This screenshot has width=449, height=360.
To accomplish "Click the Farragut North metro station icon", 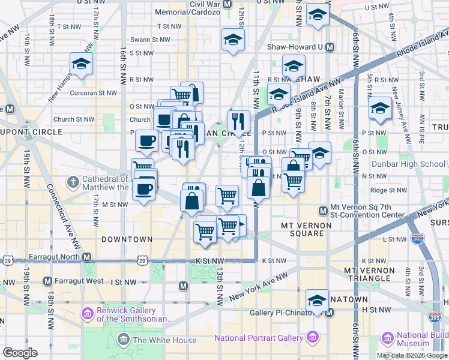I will point(87,257).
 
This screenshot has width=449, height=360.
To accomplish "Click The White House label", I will point(164,340).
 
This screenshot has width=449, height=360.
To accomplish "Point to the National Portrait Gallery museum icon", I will point(312,338).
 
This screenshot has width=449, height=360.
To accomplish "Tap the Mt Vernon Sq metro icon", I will point(323,211).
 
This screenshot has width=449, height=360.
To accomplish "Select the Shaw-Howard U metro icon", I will point(329,47).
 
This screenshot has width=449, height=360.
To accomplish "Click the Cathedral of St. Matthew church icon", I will point(73,181).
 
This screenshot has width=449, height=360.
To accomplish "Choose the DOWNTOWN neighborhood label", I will point(127,239).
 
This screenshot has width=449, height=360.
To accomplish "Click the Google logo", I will point(20,353).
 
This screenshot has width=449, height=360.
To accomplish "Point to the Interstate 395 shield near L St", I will point(415,239).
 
